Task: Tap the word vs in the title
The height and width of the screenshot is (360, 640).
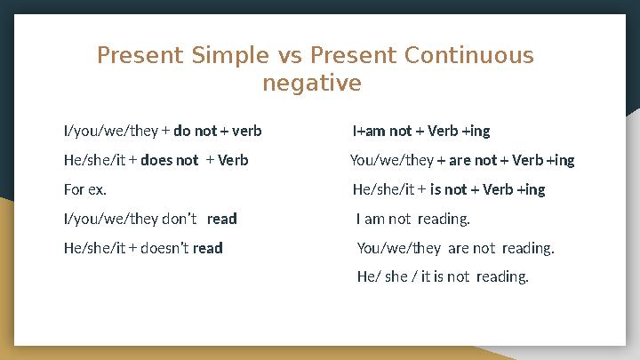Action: pos(291,56)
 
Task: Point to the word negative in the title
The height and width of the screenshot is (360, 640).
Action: pos(312,84)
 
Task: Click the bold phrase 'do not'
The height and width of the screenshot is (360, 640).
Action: pos(195,132)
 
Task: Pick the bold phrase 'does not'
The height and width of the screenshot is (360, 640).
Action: pos(169,161)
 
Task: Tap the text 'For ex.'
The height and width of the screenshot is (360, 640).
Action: pos(84,190)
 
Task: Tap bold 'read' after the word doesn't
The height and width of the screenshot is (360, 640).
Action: pos(208,248)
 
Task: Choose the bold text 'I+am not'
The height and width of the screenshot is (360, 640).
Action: pos(381,132)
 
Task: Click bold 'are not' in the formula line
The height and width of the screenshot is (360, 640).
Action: pos(474,161)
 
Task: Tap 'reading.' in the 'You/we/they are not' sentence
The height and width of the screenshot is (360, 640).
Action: pos(528,248)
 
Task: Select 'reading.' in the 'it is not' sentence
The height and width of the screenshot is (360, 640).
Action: pos(502,277)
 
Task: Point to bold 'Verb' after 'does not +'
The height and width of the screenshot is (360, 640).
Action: pos(234,161)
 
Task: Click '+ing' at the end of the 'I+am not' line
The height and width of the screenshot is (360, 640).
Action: pos(476,132)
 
